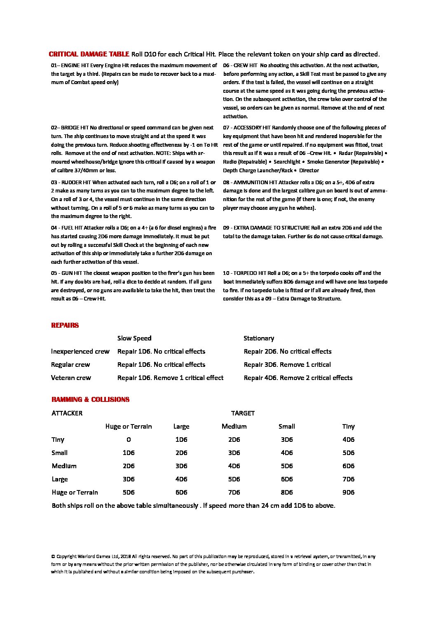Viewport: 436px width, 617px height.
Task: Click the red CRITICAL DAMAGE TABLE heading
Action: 89,54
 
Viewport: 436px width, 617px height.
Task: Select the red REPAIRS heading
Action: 65,325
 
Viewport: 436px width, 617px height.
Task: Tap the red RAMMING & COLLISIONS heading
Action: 90,399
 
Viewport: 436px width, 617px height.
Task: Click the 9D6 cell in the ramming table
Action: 348,492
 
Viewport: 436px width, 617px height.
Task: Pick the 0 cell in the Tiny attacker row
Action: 129,439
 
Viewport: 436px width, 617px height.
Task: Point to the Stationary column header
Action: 258,338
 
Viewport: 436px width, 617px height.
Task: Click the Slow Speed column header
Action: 134,338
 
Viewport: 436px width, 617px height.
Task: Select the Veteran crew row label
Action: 71,378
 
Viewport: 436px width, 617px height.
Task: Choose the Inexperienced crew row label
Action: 80,352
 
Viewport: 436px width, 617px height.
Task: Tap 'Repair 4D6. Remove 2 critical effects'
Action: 298,378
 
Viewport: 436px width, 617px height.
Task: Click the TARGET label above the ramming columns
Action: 243,413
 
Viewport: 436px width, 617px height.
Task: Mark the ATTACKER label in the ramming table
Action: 67,413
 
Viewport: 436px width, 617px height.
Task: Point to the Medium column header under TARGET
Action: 234,426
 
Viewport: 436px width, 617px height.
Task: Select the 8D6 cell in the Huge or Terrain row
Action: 286,492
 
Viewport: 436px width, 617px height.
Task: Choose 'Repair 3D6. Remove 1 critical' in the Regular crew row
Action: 287,365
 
